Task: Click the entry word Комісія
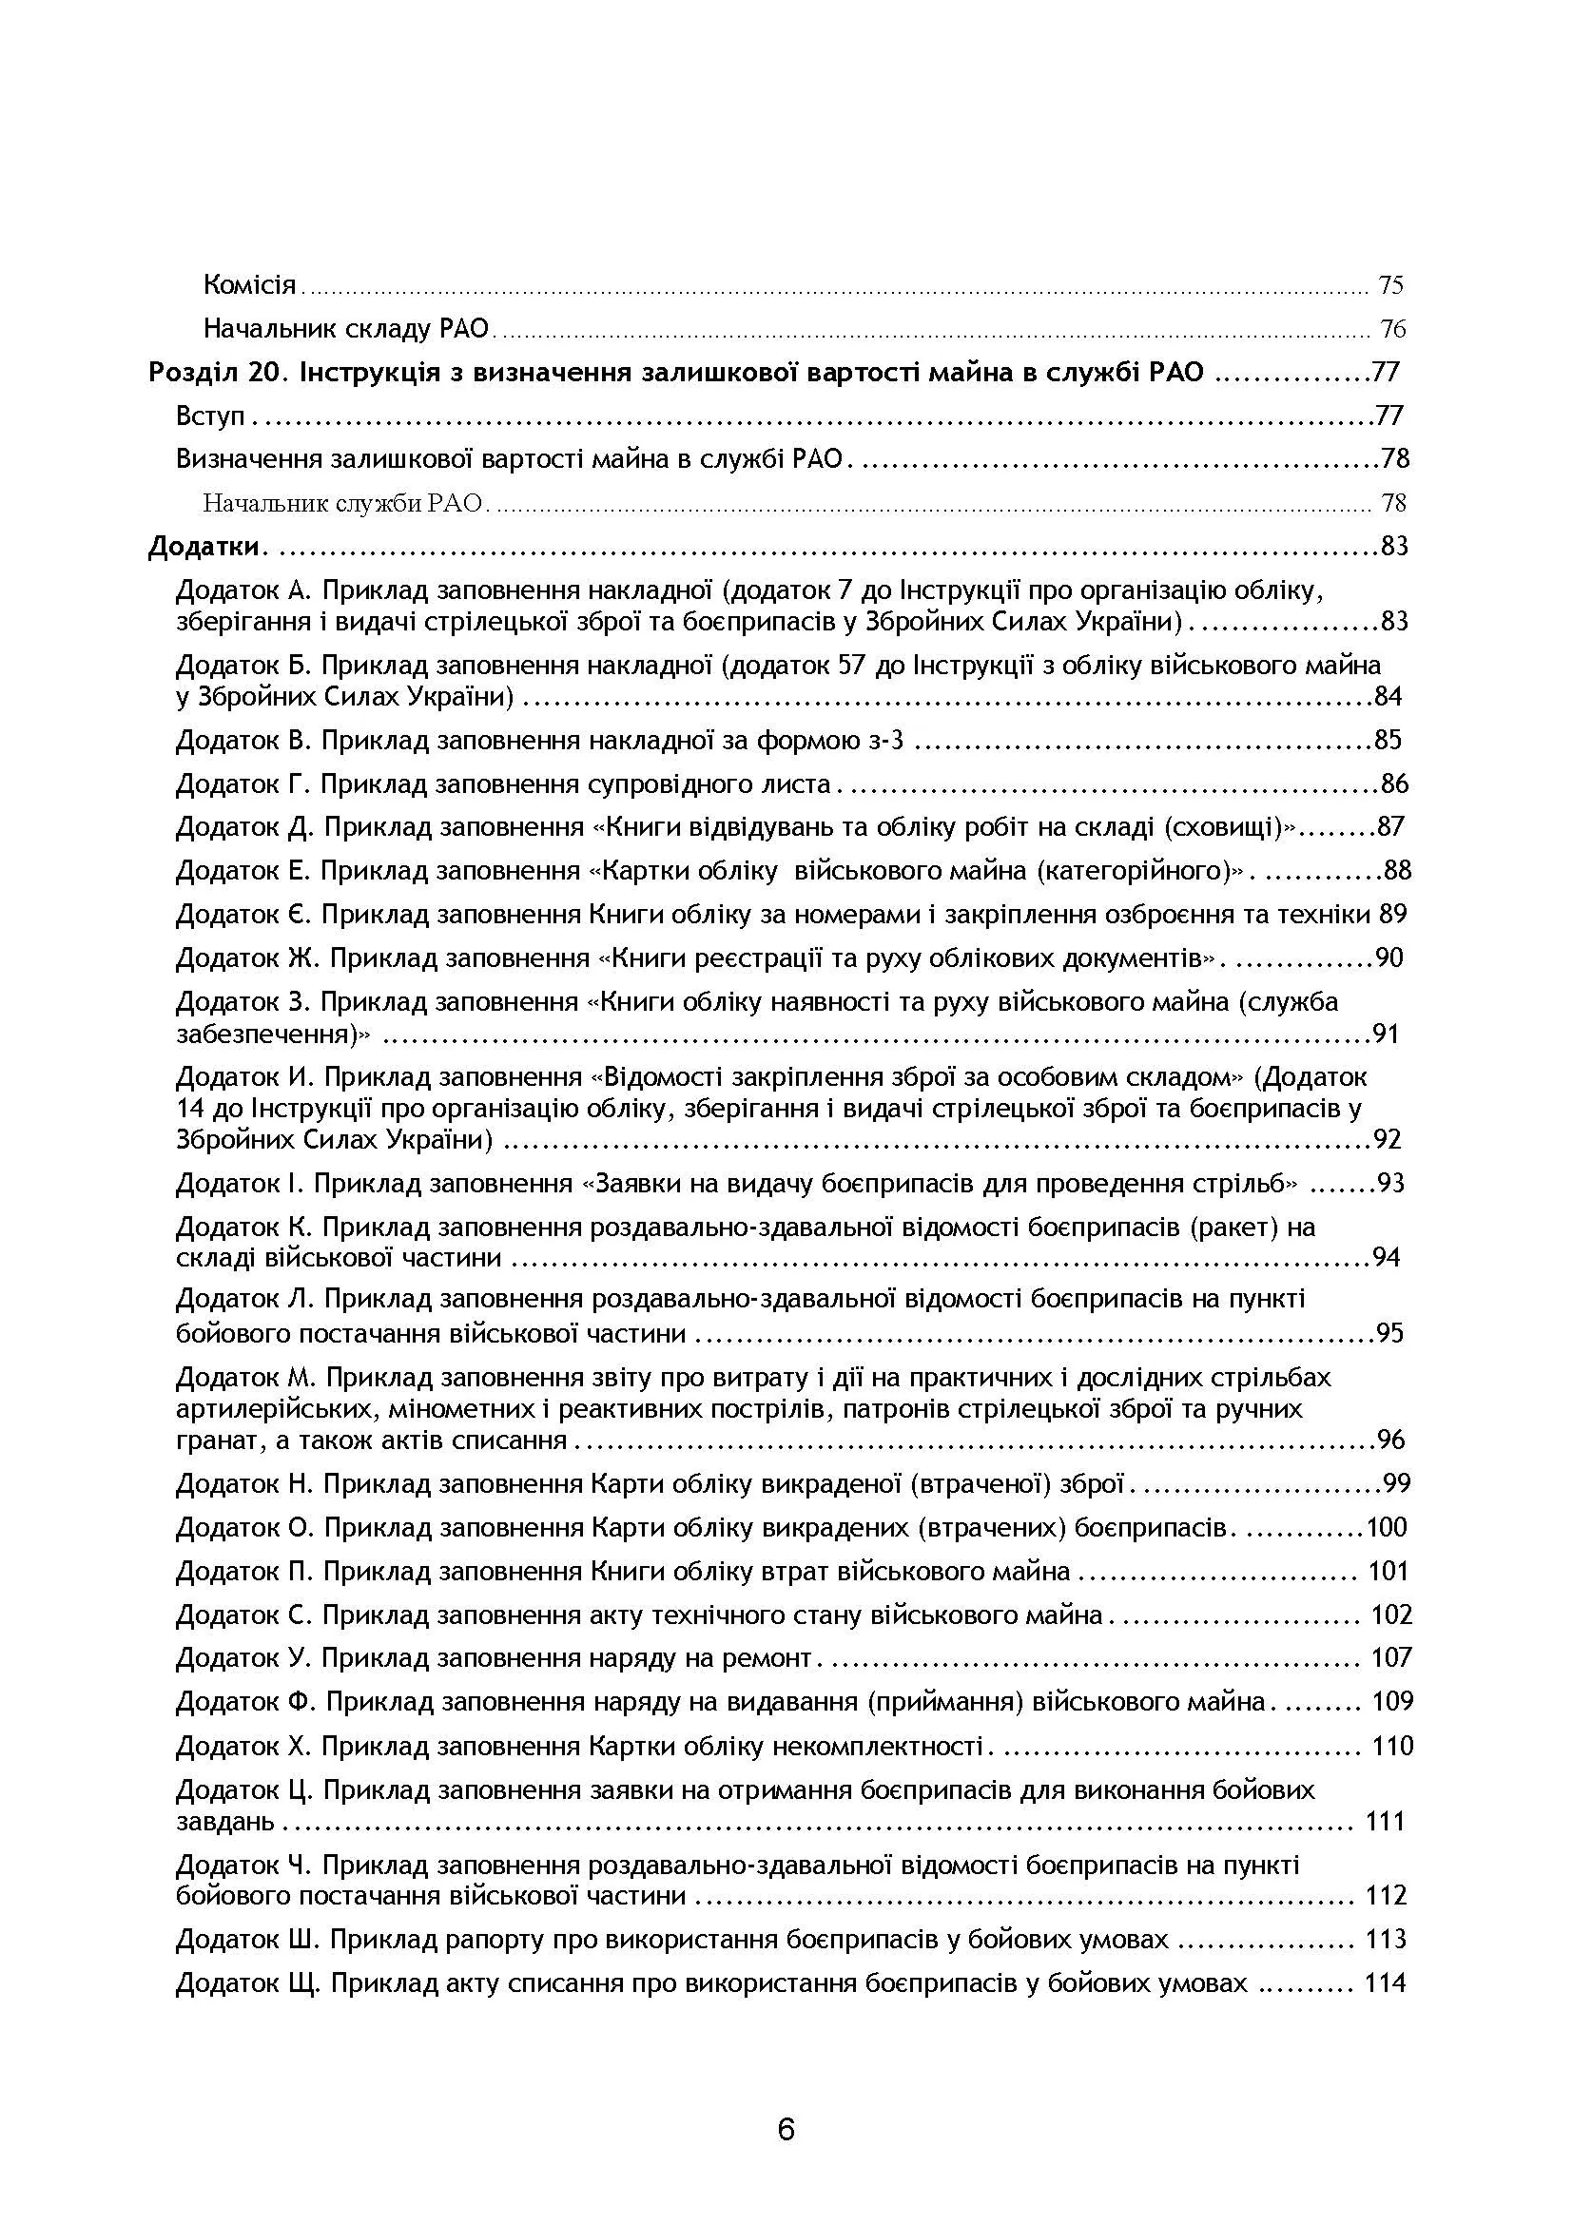pyautogui.click(x=250, y=285)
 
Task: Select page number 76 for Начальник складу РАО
pyautogui.click(x=1392, y=329)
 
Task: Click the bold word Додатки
pyautogui.click(x=204, y=547)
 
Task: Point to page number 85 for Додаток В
pyautogui.click(x=1388, y=740)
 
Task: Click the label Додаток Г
pyautogui.click(x=242, y=783)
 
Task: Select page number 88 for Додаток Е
pyautogui.click(x=1397, y=871)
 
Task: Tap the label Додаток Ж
pyautogui.click(x=246, y=958)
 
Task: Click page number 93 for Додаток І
pyautogui.click(x=1391, y=1183)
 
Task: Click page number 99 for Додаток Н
pyautogui.click(x=1396, y=1483)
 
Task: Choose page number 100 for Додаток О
pyautogui.click(x=1387, y=1528)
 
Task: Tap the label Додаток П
pyautogui.click(x=243, y=1571)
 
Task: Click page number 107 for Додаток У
pyautogui.click(x=1392, y=1658)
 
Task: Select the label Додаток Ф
pyautogui.click(x=245, y=1702)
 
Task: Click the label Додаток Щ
pyautogui.click(x=248, y=1983)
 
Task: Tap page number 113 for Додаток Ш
pyautogui.click(x=1385, y=1939)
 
